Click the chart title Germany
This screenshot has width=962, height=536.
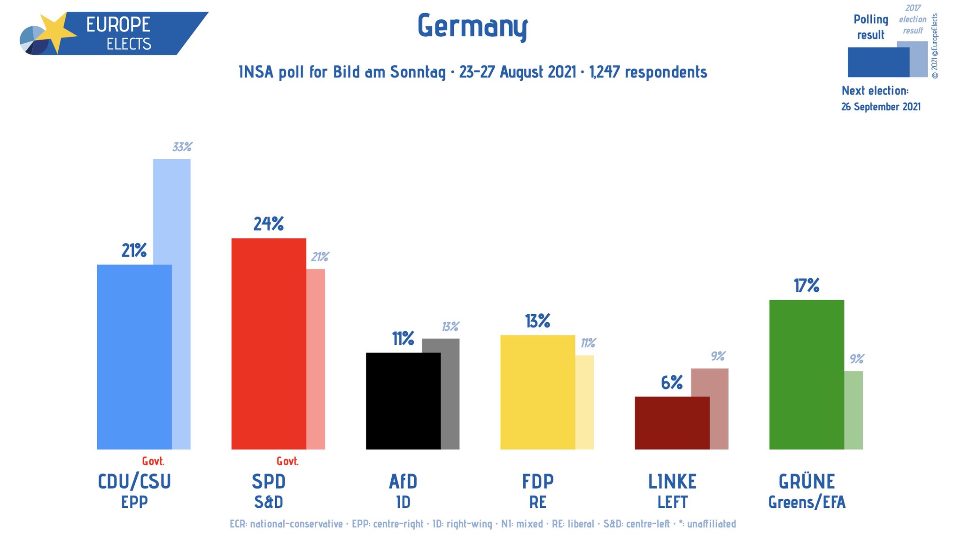point(473,26)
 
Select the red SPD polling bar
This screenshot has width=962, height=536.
point(269,343)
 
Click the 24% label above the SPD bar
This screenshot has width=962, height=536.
point(269,224)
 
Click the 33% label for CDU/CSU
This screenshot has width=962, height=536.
point(182,147)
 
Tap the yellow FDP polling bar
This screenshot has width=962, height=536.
point(537,392)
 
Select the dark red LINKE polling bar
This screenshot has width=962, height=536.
point(672,423)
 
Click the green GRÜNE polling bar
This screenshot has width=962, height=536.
point(807,374)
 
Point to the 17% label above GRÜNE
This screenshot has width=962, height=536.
point(807,286)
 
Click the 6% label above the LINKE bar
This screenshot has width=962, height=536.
point(672,383)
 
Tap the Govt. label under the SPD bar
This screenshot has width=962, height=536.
point(287,461)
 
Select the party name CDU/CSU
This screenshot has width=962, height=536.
point(134,482)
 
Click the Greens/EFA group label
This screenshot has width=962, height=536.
point(807,502)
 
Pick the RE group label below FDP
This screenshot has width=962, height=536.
point(538,502)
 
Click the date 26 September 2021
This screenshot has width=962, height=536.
point(881,107)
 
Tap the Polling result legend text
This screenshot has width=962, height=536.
point(870,27)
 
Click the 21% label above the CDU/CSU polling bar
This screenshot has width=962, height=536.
point(134,251)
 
